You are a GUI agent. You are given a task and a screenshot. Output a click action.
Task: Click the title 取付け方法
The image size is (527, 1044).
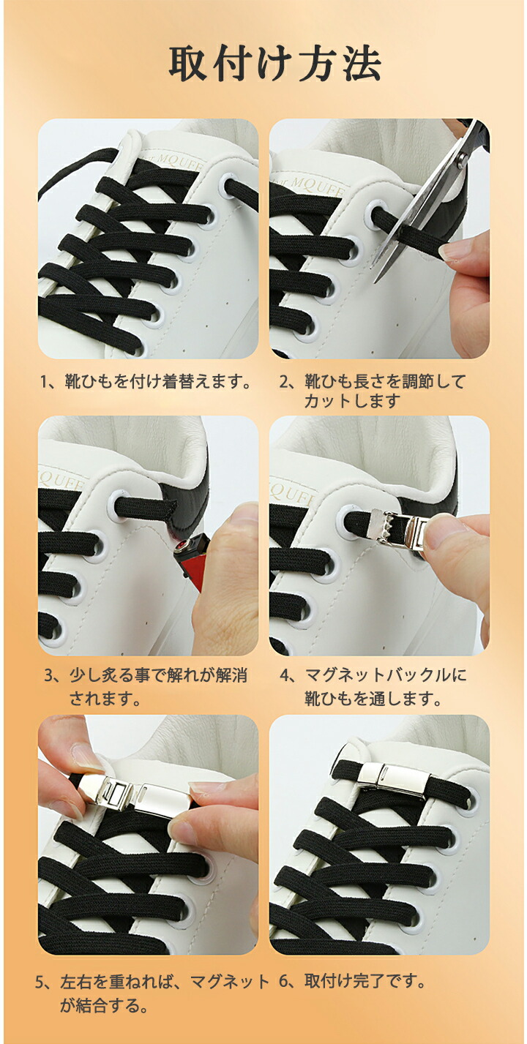coord(274,63)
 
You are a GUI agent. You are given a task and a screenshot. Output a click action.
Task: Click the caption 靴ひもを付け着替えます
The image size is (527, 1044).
coord(156,382)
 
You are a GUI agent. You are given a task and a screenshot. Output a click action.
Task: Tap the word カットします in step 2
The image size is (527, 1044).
coord(352,401)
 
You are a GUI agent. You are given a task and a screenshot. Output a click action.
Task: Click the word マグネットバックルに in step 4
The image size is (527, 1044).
coord(385,675)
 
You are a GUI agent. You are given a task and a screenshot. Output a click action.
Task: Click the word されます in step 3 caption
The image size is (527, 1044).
coord(105,698)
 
